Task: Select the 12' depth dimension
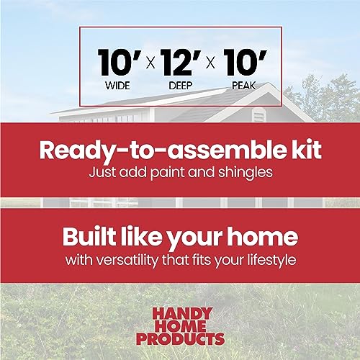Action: point(180,64)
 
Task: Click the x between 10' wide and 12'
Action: point(149,66)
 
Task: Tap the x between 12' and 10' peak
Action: point(211,66)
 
